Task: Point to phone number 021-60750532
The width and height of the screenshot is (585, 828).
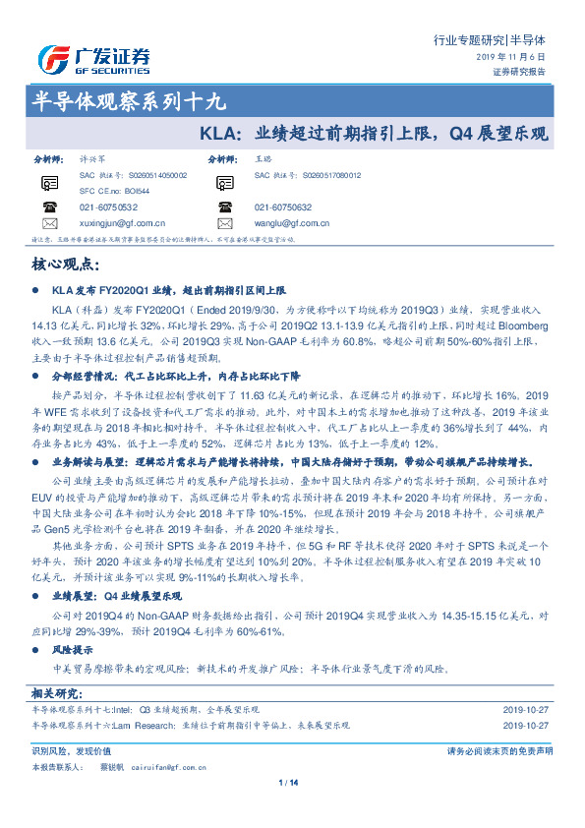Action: tap(108, 207)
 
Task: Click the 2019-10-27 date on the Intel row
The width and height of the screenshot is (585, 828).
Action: tap(527, 710)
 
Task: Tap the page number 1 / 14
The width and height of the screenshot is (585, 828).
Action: tap(288, 783)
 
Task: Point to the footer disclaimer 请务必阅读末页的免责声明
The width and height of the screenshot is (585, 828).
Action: tap(499, 750)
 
